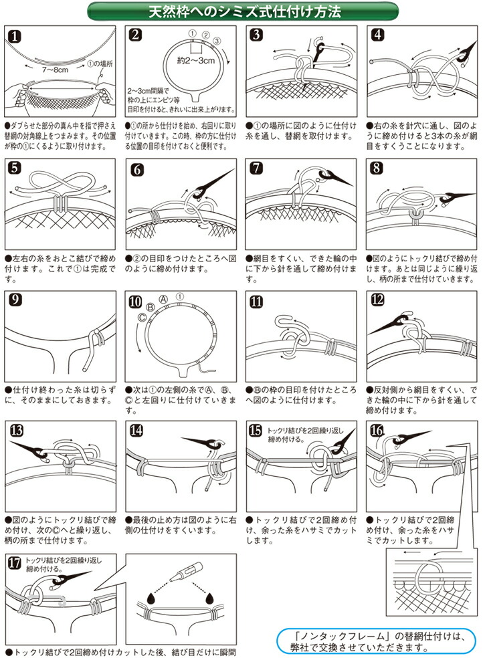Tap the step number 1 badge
pyautogui.click(x=15, y=37)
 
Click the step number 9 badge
pyautogui.click(x=15, y=300)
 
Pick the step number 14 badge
pyautogui.click(x=136, y=431)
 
